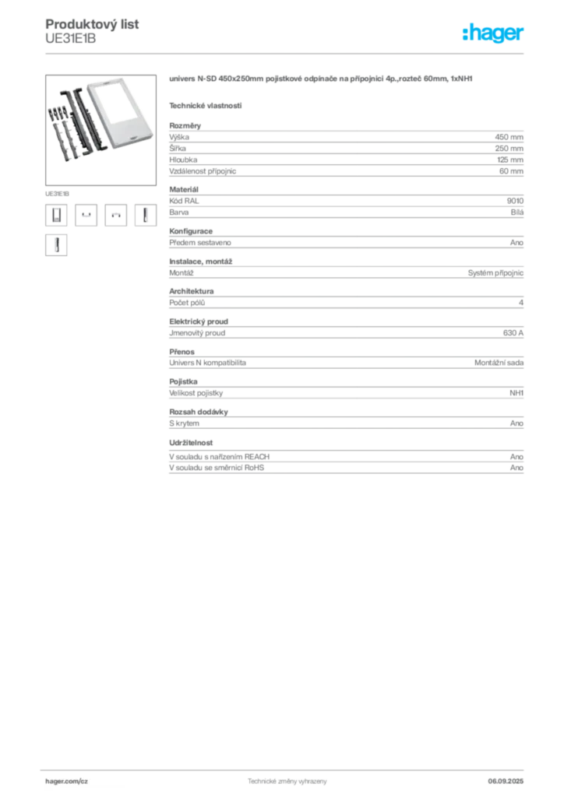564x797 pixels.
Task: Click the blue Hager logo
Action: tap(495, 33)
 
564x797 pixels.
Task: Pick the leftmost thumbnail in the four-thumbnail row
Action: tap(55, 215)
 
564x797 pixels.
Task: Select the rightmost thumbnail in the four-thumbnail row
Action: tap(143, 215)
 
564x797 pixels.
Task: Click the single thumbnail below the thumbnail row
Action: tap(55, 245)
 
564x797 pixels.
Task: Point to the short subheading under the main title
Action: tap(206, 105)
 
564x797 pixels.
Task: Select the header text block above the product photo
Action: tap(93, 31)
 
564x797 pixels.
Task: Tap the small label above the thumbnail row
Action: tap(59, 190)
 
